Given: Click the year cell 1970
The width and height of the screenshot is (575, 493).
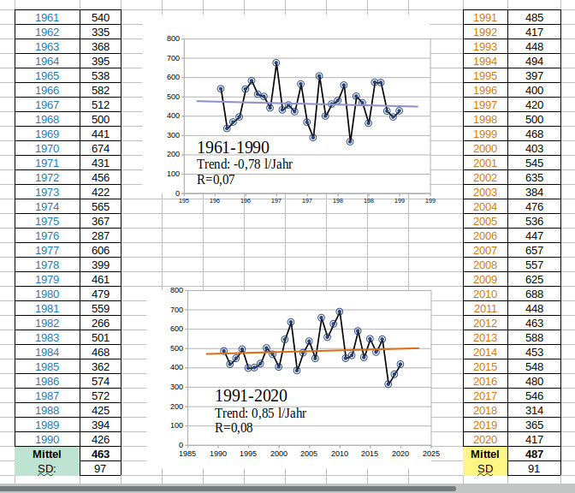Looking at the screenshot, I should click(x=48, y=148).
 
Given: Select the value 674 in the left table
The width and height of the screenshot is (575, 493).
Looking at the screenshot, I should click(x=100, y=148).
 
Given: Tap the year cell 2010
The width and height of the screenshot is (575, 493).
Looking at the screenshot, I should click(x=485, y=294).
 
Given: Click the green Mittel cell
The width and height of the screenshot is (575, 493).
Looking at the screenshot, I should click(x=48, y=454).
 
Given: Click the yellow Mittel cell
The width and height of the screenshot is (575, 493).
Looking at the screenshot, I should click(x=485, y=454).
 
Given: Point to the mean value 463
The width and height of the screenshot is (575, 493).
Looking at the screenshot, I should click(x=100, y=454).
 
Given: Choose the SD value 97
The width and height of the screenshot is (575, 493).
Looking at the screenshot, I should click(x=100, y=468).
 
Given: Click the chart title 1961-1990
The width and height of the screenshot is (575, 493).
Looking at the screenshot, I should click(x=233, y=147).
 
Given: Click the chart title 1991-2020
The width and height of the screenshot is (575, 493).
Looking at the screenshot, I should click(x=251, y=395).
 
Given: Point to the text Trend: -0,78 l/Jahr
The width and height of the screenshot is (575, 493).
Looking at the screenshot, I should click(x=245, y=163).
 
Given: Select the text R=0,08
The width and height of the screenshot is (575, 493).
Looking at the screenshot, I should click(x=234, y=428).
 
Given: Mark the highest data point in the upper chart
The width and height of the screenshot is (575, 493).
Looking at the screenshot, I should click(x=276, y=62).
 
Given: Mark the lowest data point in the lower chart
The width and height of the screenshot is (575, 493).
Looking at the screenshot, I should click(x=388, y=384).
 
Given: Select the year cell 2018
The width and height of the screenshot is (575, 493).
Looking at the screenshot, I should click(x=485, y=410).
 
